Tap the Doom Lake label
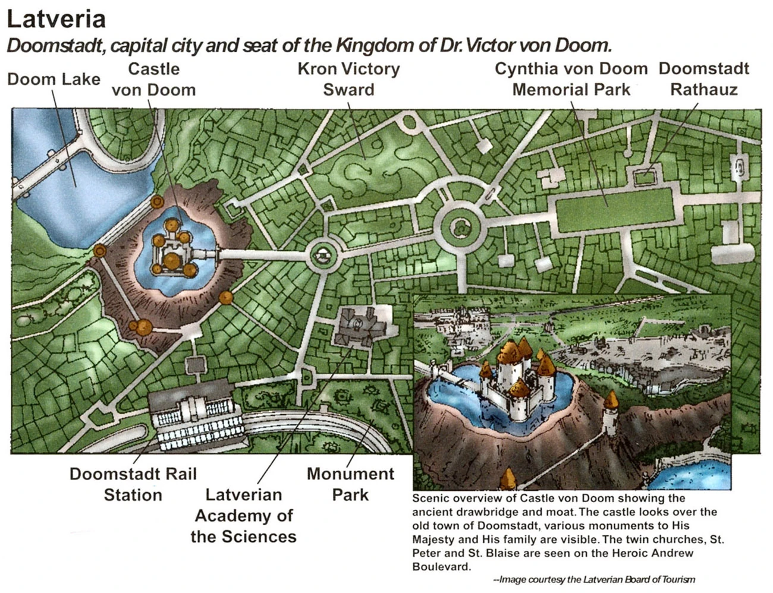(54, 79)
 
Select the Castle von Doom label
(153, 79)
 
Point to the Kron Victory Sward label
(348, 79)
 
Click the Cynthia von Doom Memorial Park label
(571, 79)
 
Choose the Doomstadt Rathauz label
(703, 79)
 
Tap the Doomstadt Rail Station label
(133, 484)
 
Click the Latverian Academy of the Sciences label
(243, 515)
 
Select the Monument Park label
(350, 484)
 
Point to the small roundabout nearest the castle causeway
(322, 256)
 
